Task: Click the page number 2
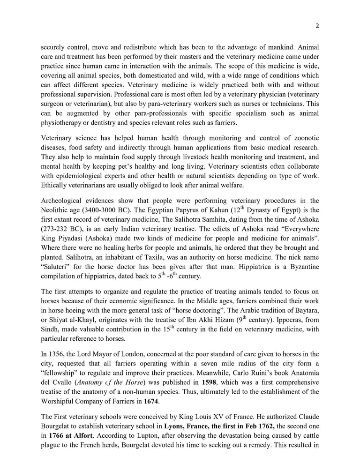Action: (x=317, y=26)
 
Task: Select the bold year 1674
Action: (x=151, y=402)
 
